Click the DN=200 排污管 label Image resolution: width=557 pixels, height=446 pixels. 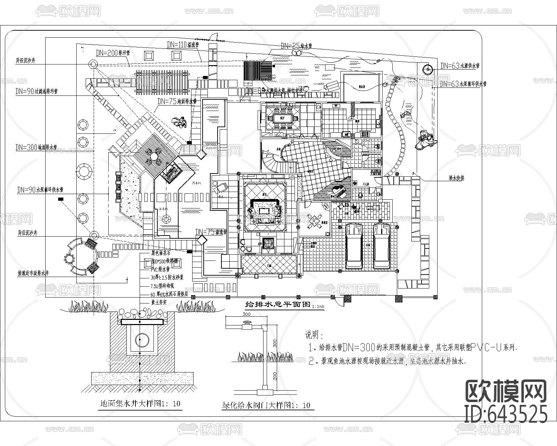click(x=113, y=53)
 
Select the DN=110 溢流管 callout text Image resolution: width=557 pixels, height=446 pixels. click(x=182, y=45)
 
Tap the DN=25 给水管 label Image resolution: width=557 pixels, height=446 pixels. click(x=296, y=46)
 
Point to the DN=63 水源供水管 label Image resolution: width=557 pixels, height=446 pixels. click(x=460, y=66)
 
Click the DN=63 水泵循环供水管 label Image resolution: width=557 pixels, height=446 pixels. click(x=463, y=84)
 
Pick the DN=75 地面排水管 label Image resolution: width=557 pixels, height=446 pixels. click(x=177, y=101)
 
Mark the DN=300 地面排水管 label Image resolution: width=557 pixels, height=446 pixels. click(x=37, y=147)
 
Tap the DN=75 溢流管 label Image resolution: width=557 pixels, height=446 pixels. click(x=211, y=232)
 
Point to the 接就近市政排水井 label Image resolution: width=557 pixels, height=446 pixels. click(x=33, y=274)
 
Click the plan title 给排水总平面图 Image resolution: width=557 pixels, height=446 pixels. click(x=278, y=304)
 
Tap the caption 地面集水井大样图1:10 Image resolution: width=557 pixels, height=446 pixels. click(x=140, y=404)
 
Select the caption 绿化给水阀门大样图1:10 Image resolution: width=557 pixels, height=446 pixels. click(x=266, y=405)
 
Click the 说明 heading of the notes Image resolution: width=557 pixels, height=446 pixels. click(x=314, y=335)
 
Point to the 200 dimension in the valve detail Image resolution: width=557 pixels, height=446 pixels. click(x=275, y=376)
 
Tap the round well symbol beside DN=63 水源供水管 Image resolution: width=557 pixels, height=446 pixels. click(x=427, y=69)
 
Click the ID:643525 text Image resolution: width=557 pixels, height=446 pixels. click(x=506, y=414)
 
